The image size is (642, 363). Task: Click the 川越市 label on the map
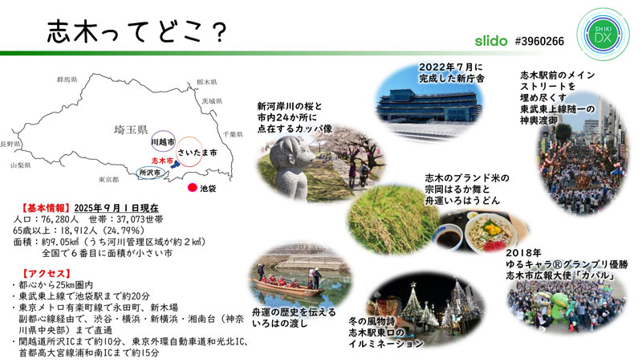pyautogui.click(x=164, y=142)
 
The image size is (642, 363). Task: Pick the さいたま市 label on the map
pyautogui.click(x=197, y=152)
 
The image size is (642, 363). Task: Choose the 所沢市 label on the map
pyautogui.click(x=149, y=173)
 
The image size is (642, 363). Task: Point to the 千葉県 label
pyautogui.click(x=233, y=134)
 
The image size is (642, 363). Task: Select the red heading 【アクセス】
pyautogui.click(x=43, y=272)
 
